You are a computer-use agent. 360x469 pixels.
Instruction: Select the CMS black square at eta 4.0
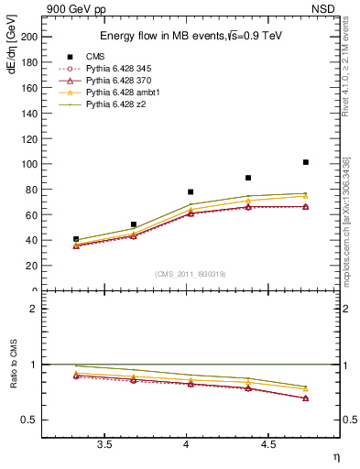pyautogui.click(x=191, y=192)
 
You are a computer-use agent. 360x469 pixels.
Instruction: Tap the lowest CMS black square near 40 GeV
pyautogui.click(x=76, y=239)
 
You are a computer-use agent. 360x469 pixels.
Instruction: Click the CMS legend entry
pyautogui.click(x=95, y=58)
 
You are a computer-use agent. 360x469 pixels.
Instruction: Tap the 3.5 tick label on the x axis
pyautogui.click(x=104, y=444)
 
